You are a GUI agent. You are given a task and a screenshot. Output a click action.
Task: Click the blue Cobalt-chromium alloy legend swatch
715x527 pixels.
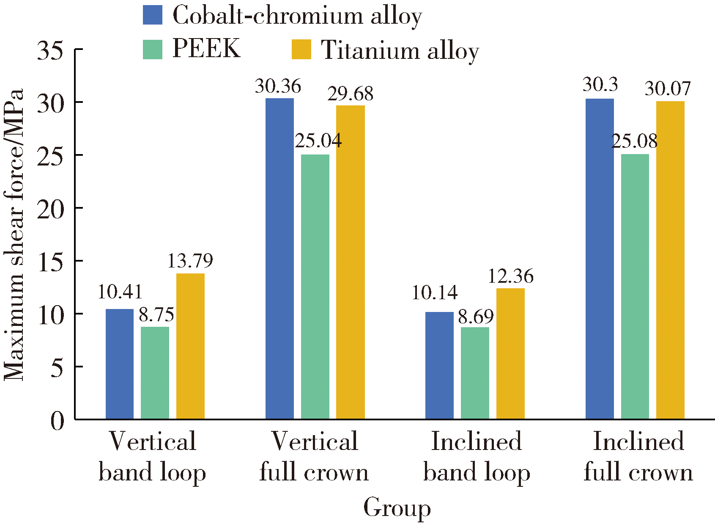(152, 15)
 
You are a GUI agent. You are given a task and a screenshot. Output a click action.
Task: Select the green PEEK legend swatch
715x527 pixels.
(152, 50)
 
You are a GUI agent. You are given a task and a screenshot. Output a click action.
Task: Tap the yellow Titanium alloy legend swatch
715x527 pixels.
(301, 50)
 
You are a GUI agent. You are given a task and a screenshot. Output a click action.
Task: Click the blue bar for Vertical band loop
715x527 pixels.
(120, 364)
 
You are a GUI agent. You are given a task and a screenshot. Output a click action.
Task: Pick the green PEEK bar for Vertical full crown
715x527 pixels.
(315, 287)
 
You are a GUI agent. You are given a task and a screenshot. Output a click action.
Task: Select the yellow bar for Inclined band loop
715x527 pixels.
(510, 353)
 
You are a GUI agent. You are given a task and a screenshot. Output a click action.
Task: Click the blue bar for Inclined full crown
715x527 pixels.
(600, 259)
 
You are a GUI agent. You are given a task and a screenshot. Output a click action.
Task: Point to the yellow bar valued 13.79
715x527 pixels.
(190, 346)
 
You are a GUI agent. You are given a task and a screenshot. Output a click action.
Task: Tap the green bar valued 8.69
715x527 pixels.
(475, 373)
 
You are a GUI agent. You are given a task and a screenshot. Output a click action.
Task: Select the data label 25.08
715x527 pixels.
(634, 141)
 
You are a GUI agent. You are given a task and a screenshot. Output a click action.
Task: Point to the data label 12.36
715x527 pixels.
(510, 276)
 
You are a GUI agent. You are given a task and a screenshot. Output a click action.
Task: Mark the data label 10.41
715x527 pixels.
(120, 292)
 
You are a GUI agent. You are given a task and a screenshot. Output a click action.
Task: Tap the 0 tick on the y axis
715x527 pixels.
(58, 420)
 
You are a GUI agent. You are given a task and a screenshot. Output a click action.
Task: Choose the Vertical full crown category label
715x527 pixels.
(315, 457)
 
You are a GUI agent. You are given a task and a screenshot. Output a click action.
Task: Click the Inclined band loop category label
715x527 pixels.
(477, 457)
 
